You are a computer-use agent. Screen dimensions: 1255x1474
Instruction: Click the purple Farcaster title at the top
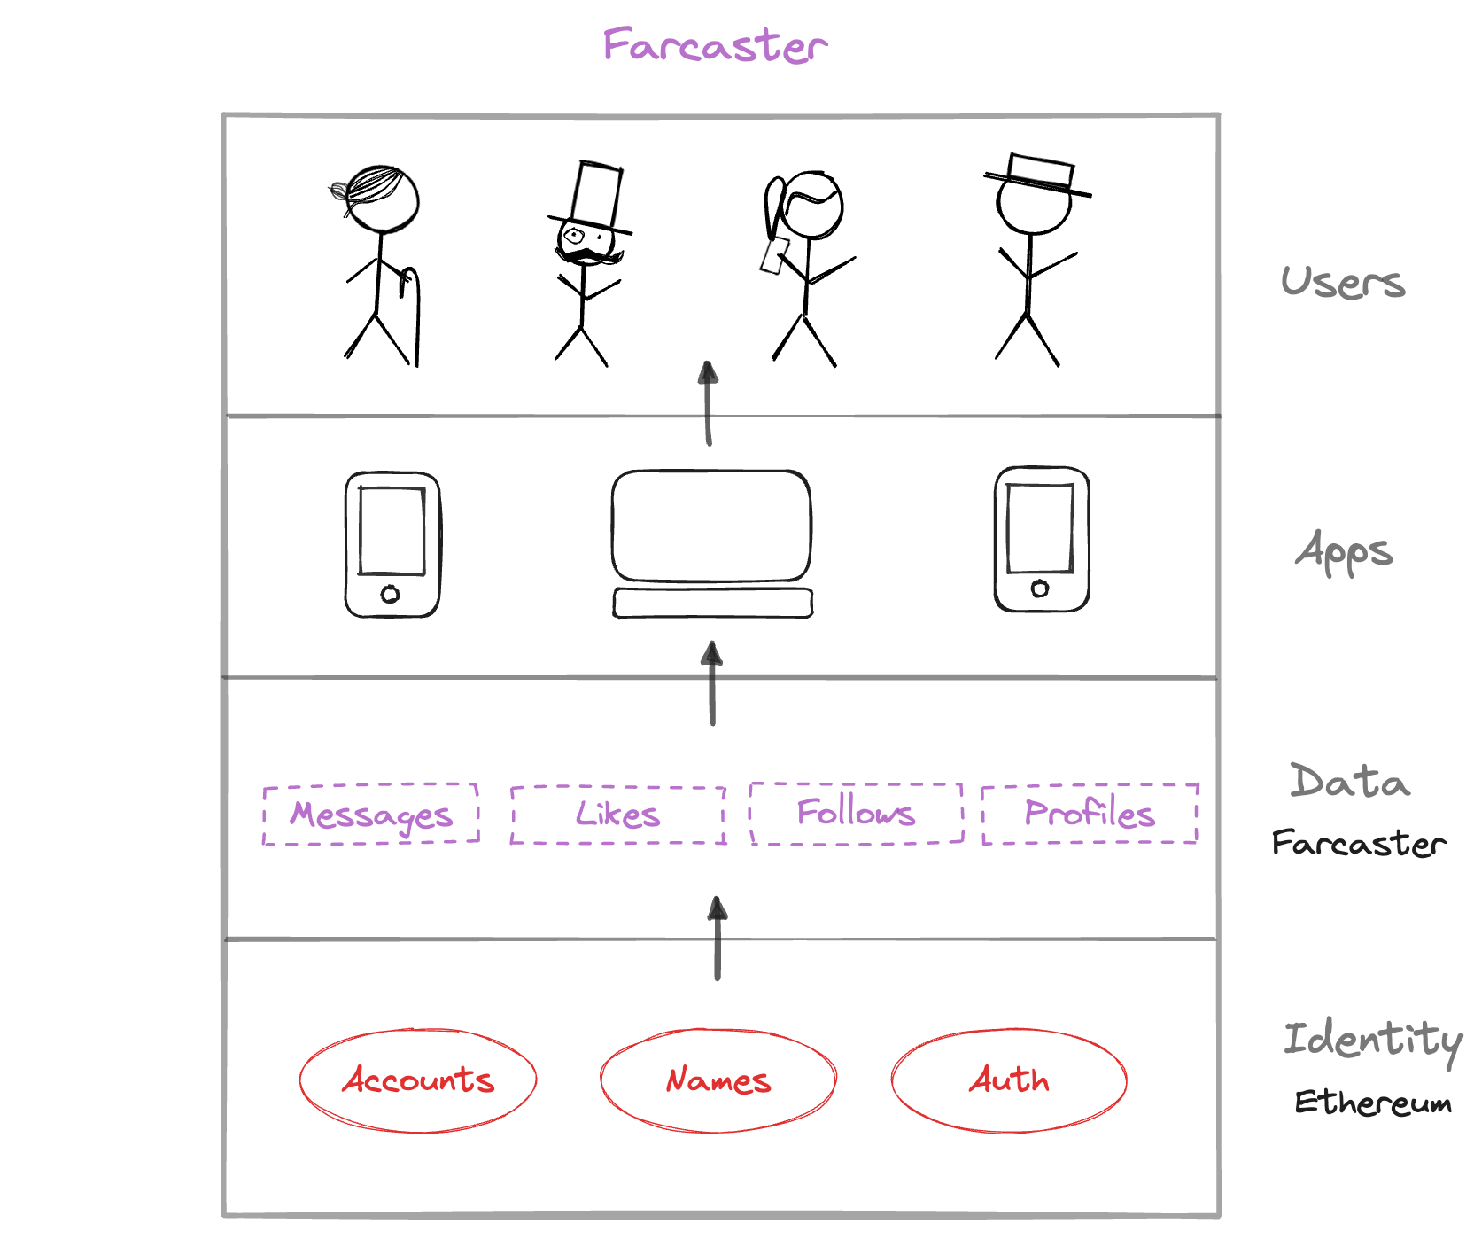[714, 45]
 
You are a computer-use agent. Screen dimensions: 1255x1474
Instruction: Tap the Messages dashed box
[371, 814]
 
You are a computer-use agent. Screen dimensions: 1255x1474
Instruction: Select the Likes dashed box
[617, 814]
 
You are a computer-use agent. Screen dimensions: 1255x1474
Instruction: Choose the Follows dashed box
[856, 813]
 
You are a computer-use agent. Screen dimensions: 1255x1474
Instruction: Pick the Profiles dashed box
[1090, 813]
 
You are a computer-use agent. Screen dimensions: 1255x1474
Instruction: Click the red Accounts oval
[418, 1080]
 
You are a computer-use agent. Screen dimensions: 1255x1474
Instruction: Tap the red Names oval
[718, 1080]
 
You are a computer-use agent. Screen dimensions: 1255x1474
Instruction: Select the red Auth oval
[1009, 1080]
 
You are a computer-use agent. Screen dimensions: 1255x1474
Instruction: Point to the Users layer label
[1343, 283]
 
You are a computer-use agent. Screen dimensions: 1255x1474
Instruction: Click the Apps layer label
[1344, 551]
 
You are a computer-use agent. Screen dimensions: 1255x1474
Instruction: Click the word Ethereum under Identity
[1372, 1103]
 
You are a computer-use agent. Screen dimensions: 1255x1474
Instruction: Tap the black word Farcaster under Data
[1358, 843]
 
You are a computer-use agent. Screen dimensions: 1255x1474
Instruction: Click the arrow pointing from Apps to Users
[708, 403]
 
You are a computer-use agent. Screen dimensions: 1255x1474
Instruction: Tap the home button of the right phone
[1040, 589]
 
